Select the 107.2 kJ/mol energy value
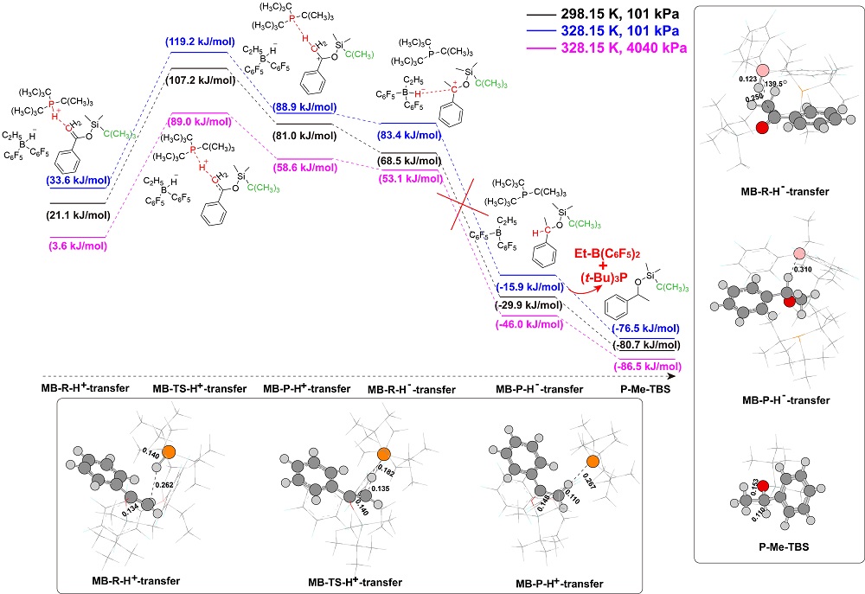pos(203,81)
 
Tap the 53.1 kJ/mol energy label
pos(409,178)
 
